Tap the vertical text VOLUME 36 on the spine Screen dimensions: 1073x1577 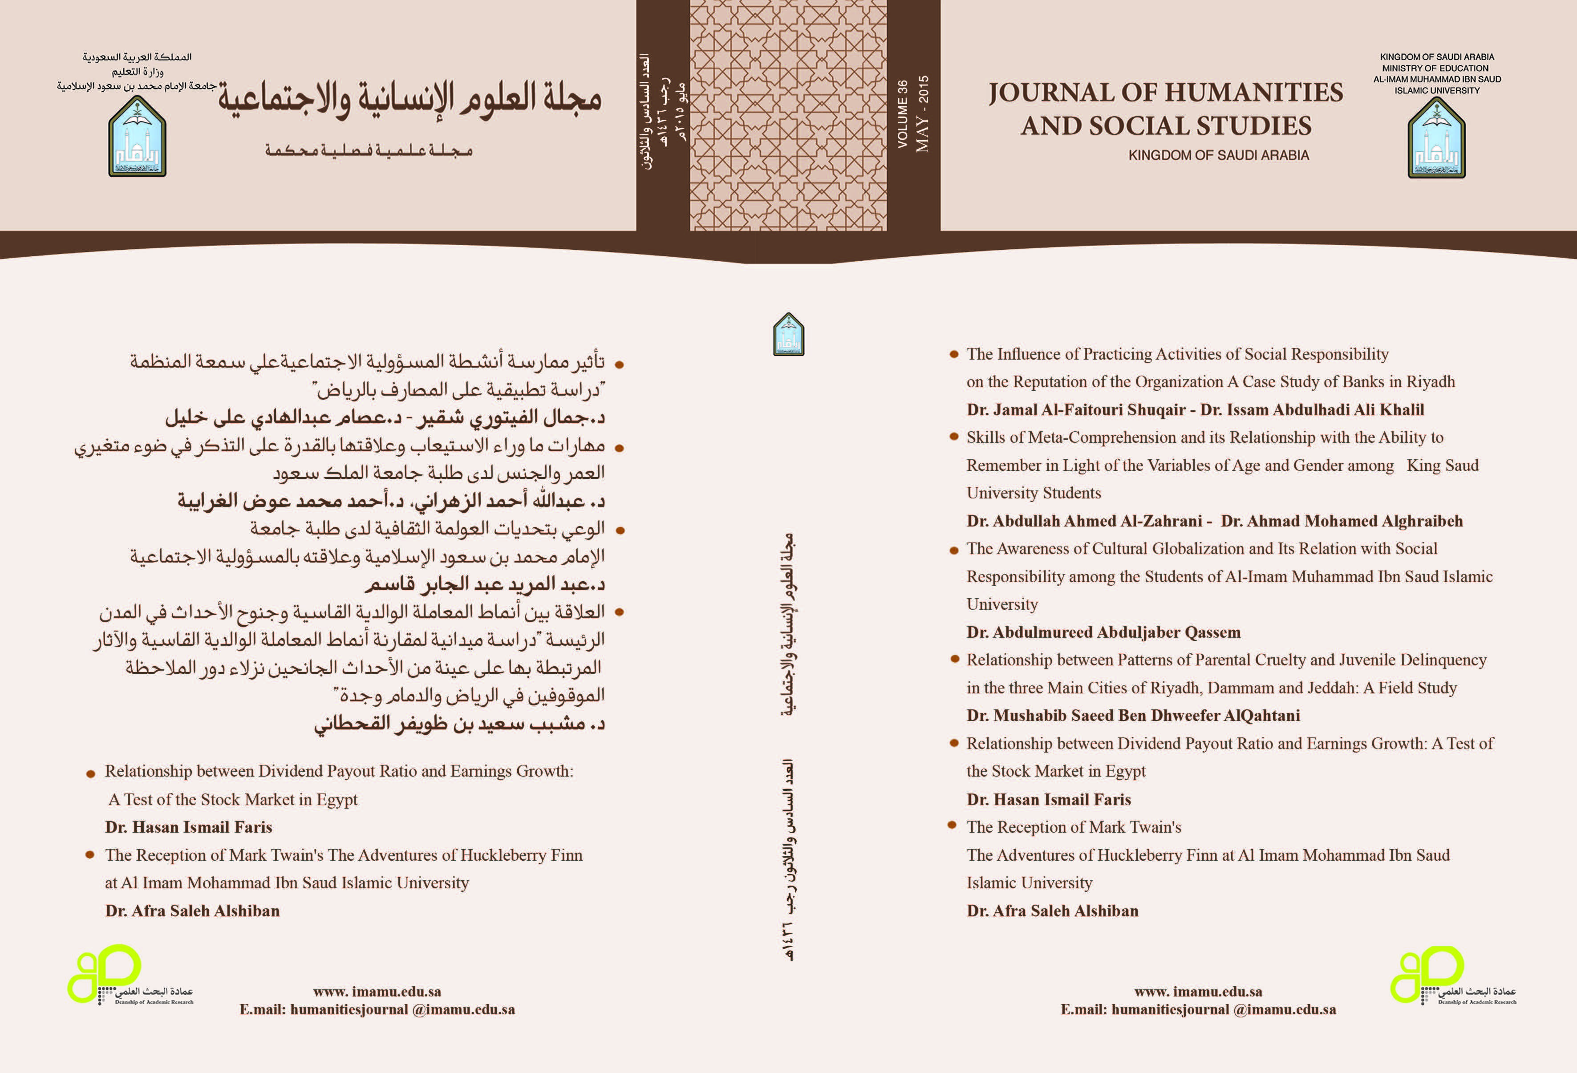[903, 114]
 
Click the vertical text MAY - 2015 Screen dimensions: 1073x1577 [922, 114]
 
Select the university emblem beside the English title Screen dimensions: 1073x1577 [1436, 138]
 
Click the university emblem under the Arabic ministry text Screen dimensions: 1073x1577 [137, 137]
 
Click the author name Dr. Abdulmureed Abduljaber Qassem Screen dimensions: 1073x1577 [1103, 632]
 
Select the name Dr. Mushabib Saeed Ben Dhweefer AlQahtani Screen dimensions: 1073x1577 [1133, 715]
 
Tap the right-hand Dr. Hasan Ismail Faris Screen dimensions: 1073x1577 [1048, 799]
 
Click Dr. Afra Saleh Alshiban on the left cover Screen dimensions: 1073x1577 [192, 911]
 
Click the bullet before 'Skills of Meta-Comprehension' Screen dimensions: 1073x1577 [953, 437]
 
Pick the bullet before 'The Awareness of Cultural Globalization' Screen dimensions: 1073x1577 [953, 549]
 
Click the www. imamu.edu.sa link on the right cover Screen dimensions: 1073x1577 [1198, 992]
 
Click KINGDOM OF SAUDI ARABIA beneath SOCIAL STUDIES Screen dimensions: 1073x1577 [1219, 155]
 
